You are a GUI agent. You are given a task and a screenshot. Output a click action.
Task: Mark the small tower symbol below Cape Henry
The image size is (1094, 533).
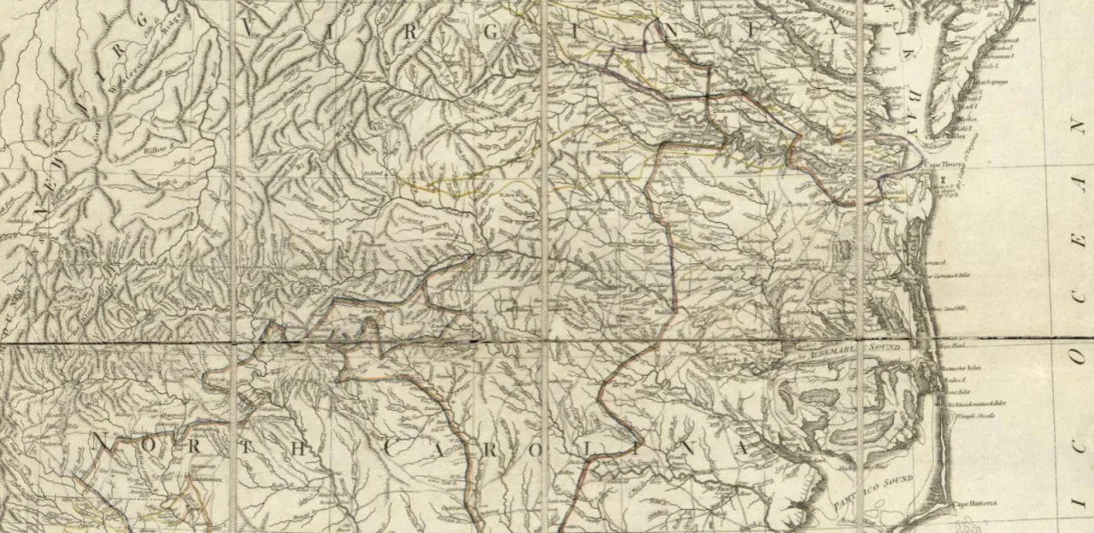[943, 182]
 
